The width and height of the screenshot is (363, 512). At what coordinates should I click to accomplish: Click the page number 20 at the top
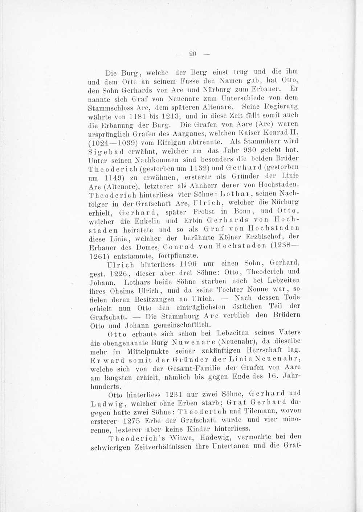click(192, 54)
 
